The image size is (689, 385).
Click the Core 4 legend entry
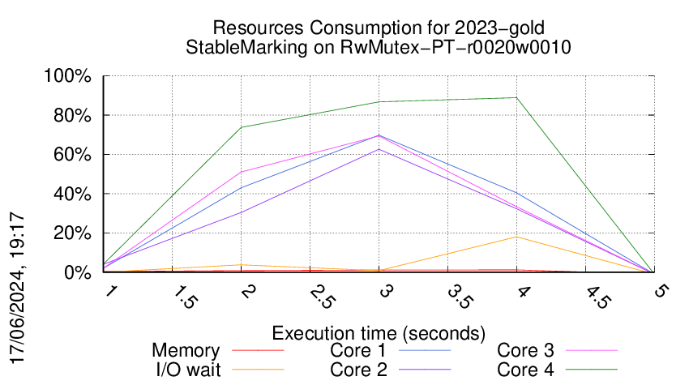[525, 370]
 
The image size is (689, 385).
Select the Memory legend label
[186, 351]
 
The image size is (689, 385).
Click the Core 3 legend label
[525, 351]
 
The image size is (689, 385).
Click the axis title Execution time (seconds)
[379, 332]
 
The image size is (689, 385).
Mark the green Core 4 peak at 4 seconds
[516, 98]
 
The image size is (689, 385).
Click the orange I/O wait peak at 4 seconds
[516, 237]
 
